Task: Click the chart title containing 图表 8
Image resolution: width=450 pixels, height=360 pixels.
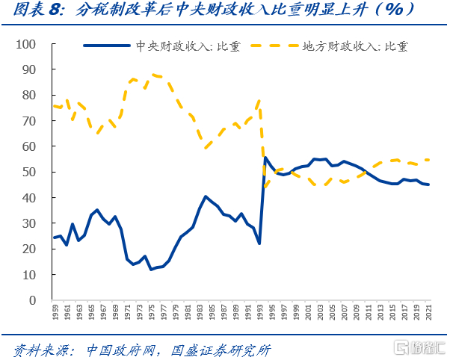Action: coord(224,12)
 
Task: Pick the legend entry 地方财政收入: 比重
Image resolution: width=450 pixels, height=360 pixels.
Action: coord(352,46)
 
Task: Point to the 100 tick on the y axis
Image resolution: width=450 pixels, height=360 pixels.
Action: coord(26,44)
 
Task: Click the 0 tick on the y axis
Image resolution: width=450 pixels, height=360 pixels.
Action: coord(32,300)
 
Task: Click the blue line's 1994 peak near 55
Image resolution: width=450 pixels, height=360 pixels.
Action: coord(265,158)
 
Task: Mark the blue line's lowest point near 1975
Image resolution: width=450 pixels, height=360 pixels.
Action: coord(150,269)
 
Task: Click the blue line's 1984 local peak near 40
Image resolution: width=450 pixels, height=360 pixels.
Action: coord(206,197)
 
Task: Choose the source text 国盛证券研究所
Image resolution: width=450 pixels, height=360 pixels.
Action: coord(221,349)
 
